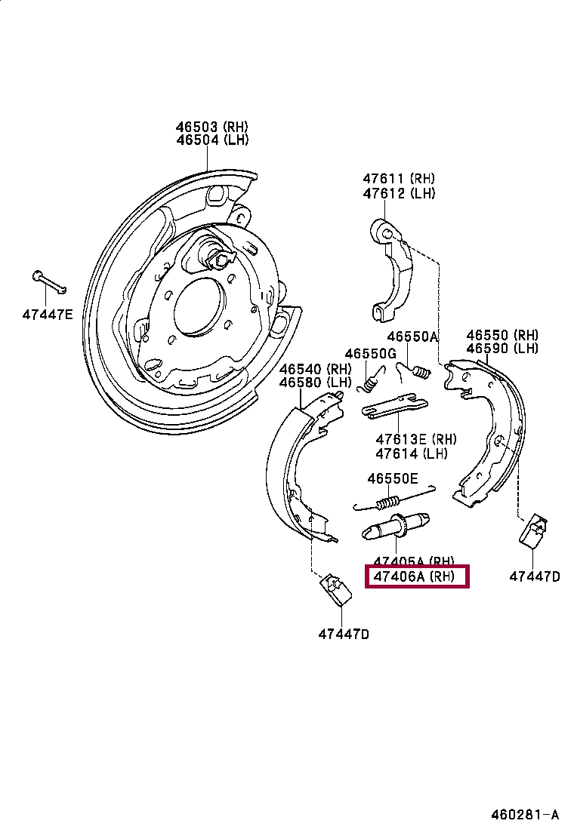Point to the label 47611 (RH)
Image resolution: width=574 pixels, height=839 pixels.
tap(398, 180)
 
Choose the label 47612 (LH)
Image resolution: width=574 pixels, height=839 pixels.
tap(398, 193)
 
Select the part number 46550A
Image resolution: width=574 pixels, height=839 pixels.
tap(412, 337)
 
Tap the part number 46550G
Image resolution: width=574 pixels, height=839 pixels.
tap(370, 354)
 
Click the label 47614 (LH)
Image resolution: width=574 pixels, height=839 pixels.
tap(412, 453)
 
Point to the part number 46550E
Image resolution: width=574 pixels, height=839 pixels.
tap(392, 478)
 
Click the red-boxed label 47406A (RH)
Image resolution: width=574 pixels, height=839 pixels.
tap(417, 577)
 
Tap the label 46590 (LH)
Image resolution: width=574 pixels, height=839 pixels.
tap(502, 348)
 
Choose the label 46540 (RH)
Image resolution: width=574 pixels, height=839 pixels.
tap(316, 370)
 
